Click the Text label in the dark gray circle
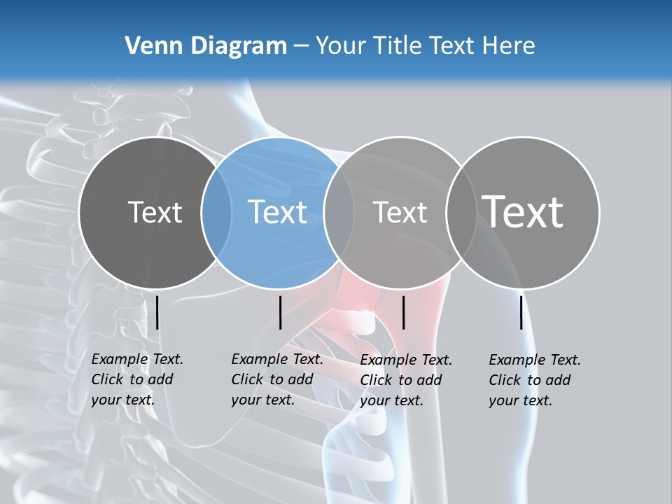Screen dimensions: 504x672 tap(155, 212)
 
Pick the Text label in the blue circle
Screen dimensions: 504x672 tap(277, 212)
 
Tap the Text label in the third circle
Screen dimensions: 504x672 tap(400, 212)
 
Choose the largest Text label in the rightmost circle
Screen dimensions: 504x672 tap(522, 211)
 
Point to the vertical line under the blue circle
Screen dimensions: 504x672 tap(280, 312)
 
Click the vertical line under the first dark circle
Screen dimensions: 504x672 tap(157, 312)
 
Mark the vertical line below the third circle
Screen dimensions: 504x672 tap(403, 312)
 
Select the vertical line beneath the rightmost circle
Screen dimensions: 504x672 tap(521, 312)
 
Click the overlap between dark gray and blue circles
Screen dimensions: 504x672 tap(216, 213)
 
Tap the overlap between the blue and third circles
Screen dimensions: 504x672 tap(339, 213)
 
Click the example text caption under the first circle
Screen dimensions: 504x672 tap(136, 379)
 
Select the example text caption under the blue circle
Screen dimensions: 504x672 tap(276, 379)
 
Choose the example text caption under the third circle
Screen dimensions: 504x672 tap(405, 380)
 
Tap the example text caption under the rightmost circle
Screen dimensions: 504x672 tap(534, 380)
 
